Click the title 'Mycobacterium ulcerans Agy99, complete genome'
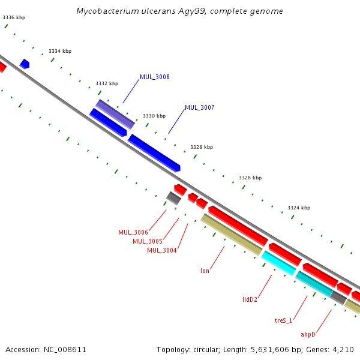180,11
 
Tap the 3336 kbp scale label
14,18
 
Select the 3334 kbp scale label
60,52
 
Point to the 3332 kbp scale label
107,84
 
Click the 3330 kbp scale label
154,116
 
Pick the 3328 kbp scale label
202,147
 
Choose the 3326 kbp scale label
250,178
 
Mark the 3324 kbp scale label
299,208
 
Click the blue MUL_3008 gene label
155,77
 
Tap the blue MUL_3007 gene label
200,108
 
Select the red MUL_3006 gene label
133,233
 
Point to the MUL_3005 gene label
148,242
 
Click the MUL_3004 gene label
162,251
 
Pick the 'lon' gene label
205,271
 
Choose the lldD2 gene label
250,299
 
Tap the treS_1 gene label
284,321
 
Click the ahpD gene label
308,334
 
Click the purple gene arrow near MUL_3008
115,114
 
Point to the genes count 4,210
345,349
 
